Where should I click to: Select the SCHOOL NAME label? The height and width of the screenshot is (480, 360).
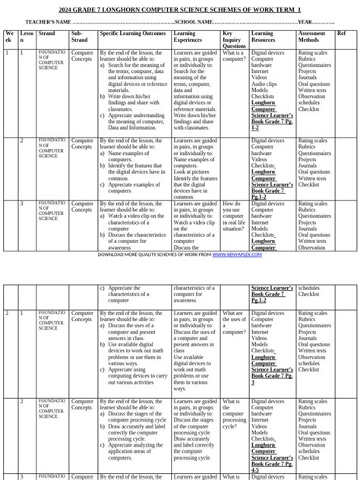(194, 22)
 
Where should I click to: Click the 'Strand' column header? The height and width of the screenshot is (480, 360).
(46, 34)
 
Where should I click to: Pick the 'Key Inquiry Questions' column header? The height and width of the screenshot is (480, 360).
(232, 39)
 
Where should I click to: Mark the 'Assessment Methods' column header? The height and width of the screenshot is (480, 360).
(312, 37)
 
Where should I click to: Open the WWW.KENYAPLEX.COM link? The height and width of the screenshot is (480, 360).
(237, 254)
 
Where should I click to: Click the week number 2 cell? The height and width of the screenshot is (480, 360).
(8, 313)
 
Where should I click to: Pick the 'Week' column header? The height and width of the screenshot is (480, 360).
(9, 37)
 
